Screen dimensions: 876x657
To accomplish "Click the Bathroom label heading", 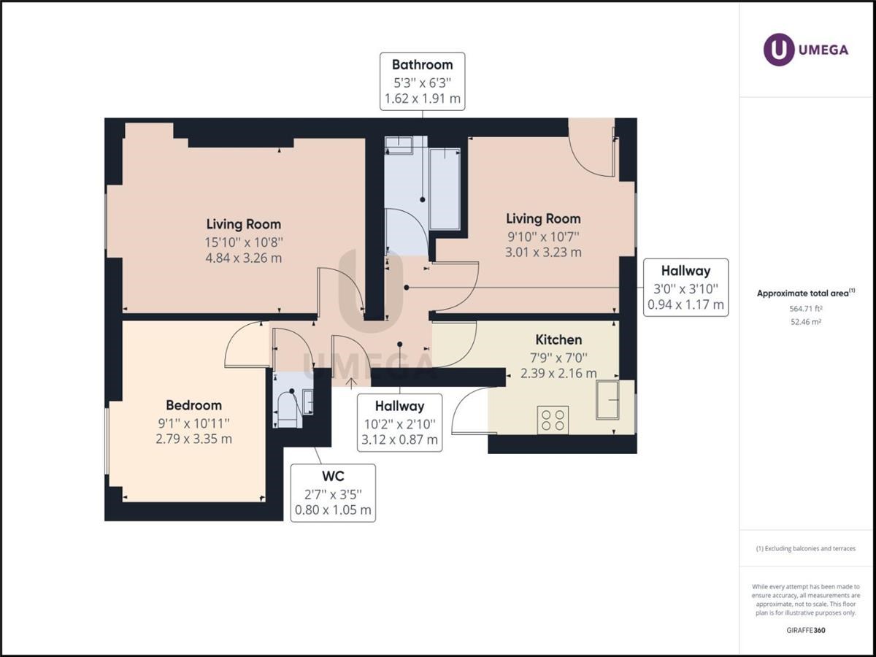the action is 422,65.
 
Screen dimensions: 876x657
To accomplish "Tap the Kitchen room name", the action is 558,340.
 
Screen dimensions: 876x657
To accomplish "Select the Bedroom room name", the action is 193,405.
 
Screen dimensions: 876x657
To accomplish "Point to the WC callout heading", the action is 333,476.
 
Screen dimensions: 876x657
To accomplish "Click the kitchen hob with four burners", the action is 553,420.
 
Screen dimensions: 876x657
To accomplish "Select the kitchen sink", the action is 607,400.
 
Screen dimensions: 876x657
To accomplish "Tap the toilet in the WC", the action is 288,410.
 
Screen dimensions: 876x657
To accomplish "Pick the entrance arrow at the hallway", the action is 351,383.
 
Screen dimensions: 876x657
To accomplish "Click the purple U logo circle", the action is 778,50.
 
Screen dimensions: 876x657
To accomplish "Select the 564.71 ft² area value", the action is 806,308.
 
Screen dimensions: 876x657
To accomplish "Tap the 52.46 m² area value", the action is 806,321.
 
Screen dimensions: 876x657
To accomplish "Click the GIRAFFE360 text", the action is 806,630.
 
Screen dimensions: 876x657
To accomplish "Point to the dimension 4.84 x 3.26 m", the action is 243,258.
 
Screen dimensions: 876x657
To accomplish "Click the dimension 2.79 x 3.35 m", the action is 193,439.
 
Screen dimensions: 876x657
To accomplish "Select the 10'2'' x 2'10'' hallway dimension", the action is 399,424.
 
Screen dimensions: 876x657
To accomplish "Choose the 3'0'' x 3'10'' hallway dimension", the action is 685,288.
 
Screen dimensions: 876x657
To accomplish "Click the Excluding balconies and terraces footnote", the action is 806,548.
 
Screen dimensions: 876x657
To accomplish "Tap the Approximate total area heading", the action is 806,293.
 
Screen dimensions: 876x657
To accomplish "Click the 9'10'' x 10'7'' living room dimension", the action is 543,237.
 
